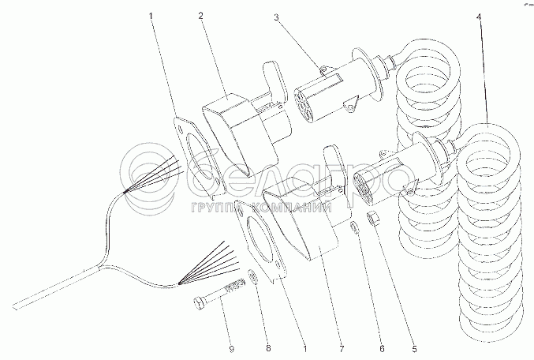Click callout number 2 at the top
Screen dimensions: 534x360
coord(200,15)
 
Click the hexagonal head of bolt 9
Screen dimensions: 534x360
coord(199,300)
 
